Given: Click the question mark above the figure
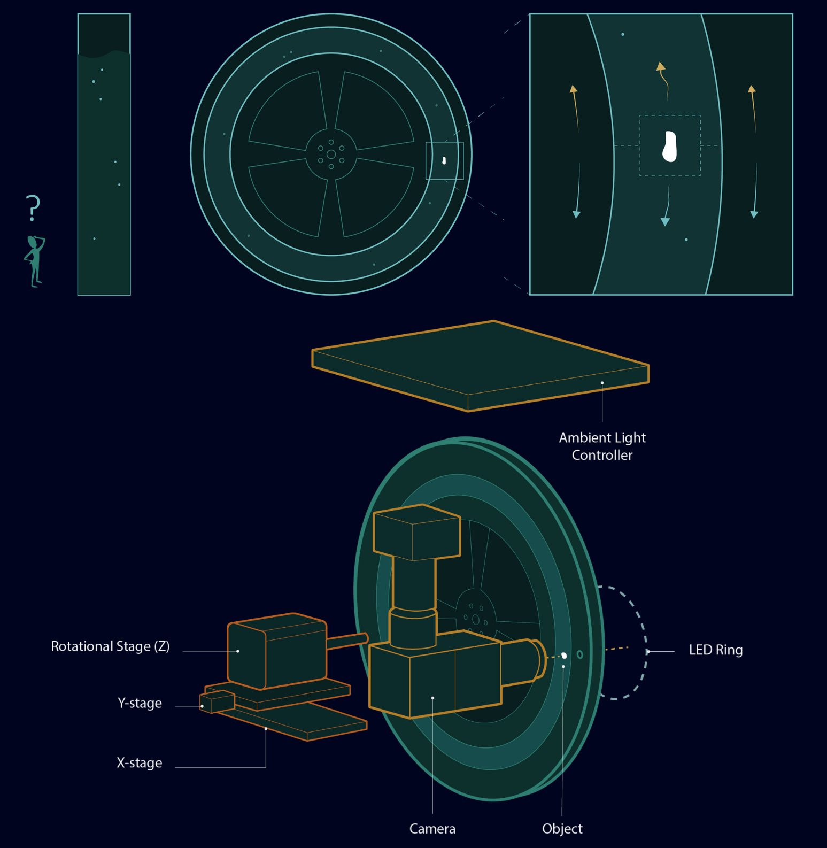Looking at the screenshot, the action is click(x=33, y=208).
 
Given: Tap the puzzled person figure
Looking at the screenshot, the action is click(x=35, y=261).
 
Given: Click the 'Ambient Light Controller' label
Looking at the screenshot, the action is click(x=602, y=446).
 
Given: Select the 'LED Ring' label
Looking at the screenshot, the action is click(x=716, y=650).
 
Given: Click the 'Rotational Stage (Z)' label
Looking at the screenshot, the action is click(x=110, y=647).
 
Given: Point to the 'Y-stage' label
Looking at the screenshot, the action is click(x=140, y=704).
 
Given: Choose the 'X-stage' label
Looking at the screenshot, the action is click(x=140, y=763).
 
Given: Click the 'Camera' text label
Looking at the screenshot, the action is click(x=432, y=829).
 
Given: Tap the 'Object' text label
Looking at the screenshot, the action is click(x=562, y=829).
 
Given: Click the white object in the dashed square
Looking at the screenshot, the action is click(x=669, y=146).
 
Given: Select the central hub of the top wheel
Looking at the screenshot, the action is click(x=331, y=155).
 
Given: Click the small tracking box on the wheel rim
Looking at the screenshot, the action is click(x=444, y=160).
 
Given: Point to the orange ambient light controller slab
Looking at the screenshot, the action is click(x=480, y=366).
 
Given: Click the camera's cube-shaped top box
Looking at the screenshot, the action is click(x=416, y=532).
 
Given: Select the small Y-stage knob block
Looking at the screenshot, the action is click(x=217, y=701).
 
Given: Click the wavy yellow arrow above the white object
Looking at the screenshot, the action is click(x=663, y=81).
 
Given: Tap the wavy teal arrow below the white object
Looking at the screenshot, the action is click(x=667, y=206).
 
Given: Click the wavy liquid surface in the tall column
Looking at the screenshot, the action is click(x=104, y=53).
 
